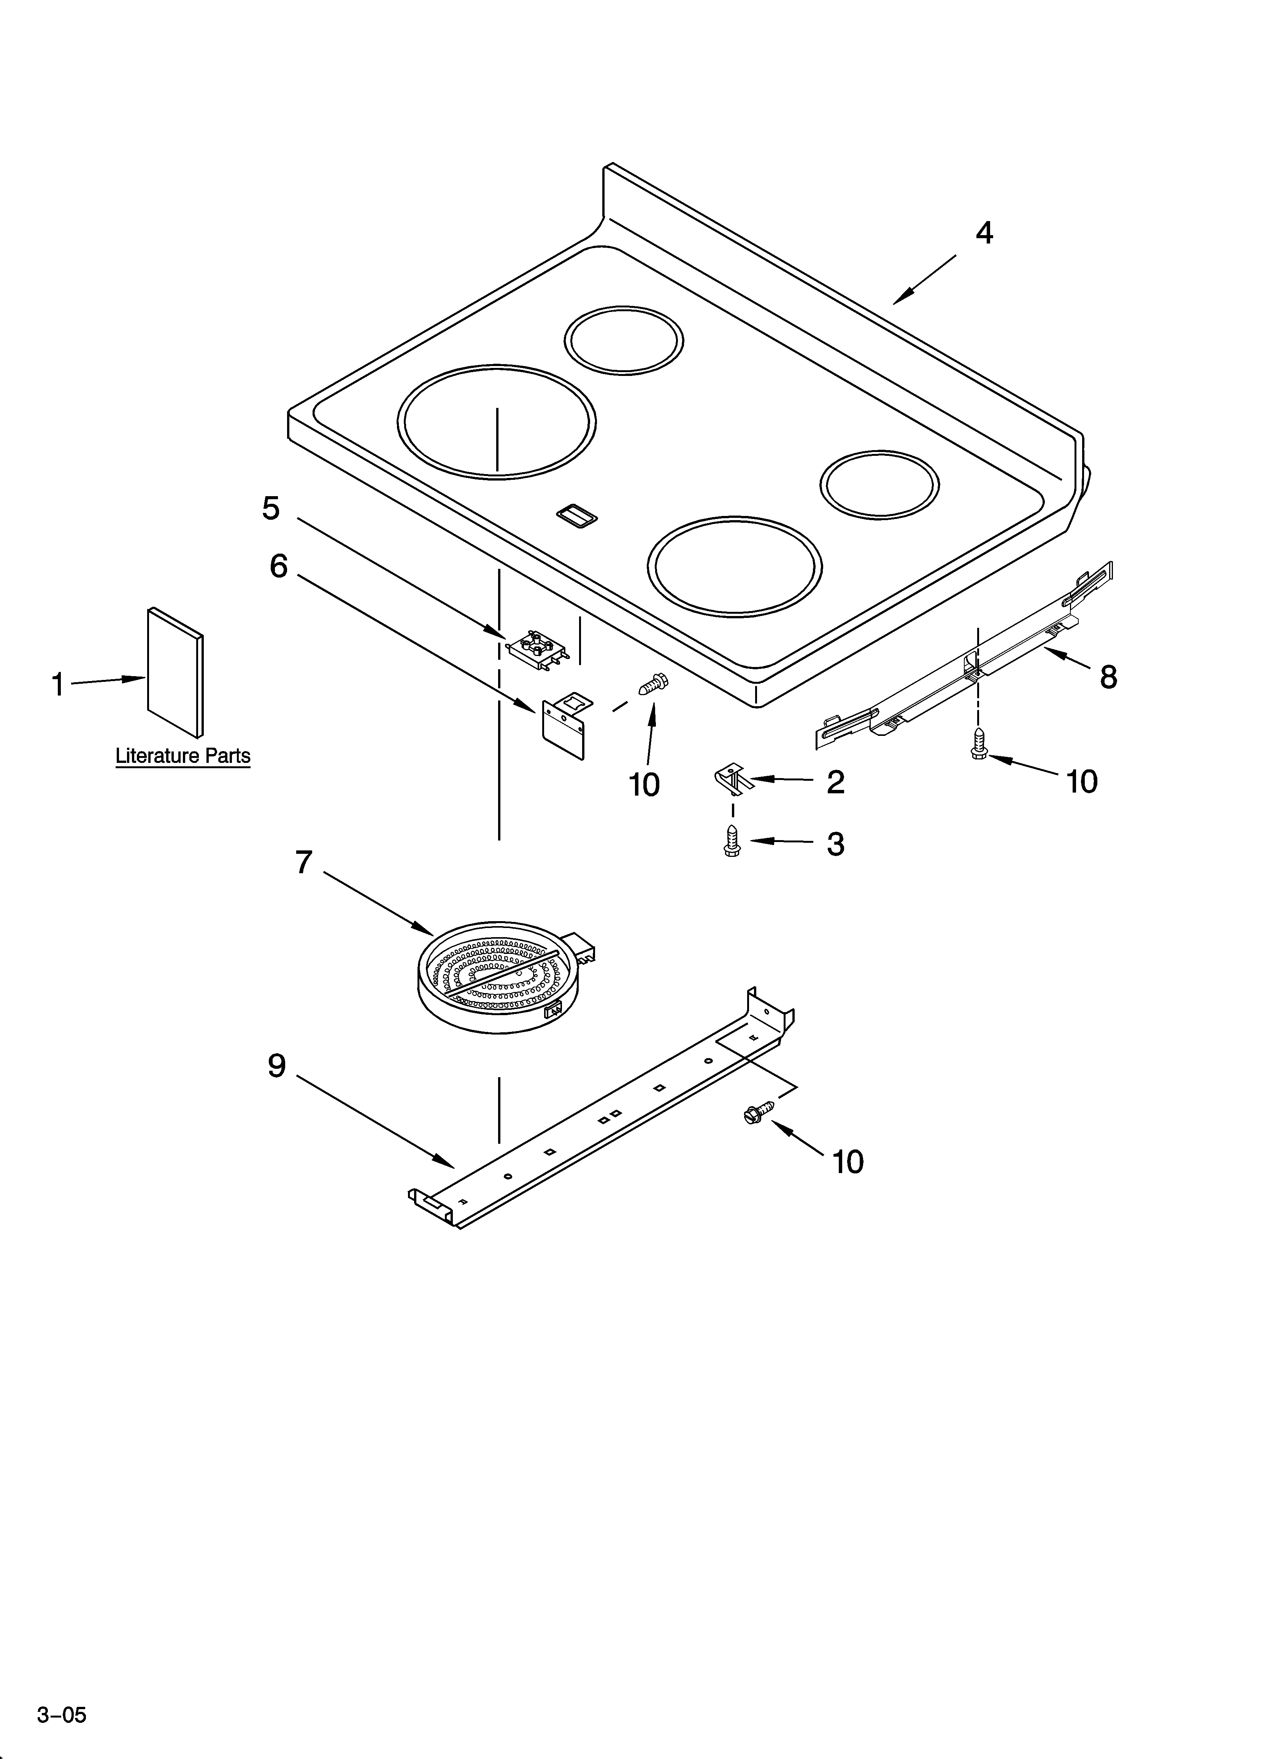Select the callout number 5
point(271,509)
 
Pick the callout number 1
point(57,685)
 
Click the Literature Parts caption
point(183,755)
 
